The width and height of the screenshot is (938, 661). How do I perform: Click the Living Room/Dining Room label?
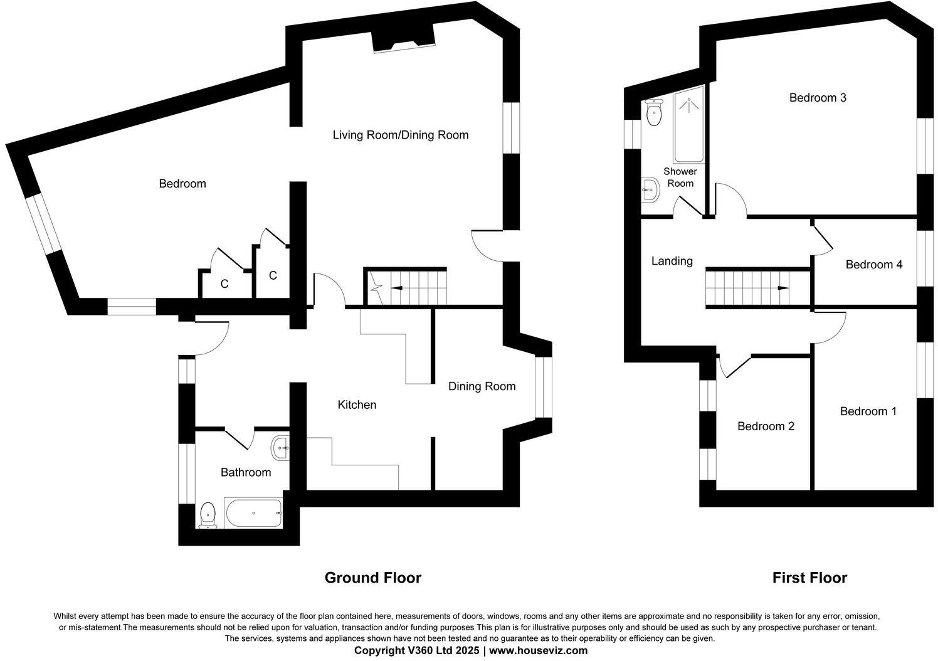click(x=400, y=135)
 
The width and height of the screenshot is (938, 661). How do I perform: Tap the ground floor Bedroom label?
click(x=182, y=184)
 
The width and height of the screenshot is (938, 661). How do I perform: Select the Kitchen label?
click(x=357, y=405)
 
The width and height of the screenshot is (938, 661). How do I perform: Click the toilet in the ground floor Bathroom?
click(x=208, y=516)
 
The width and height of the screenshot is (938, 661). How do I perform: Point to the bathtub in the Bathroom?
click(x=253, y=513)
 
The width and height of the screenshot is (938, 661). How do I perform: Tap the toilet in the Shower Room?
click(x=654, y=113)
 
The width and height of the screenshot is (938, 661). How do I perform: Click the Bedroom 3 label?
click(x=818, y=98)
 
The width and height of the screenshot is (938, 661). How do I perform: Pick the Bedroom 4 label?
click(x=873, y=265)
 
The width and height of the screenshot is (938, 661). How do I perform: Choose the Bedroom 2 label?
click(x=766, y=426)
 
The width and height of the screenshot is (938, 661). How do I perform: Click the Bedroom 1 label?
click(x=868, y=411)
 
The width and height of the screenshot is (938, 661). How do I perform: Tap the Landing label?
click(x=672, y=261)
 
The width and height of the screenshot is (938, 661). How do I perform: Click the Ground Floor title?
click(x=372, y=578)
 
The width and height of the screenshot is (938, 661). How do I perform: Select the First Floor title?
click(x=809, y=578)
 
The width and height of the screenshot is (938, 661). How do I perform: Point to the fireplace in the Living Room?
click(x=404, y=42)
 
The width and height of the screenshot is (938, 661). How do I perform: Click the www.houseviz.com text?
click(x=538, y=651)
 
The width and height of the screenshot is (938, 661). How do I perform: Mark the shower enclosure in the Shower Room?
click(x=688, y=124)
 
